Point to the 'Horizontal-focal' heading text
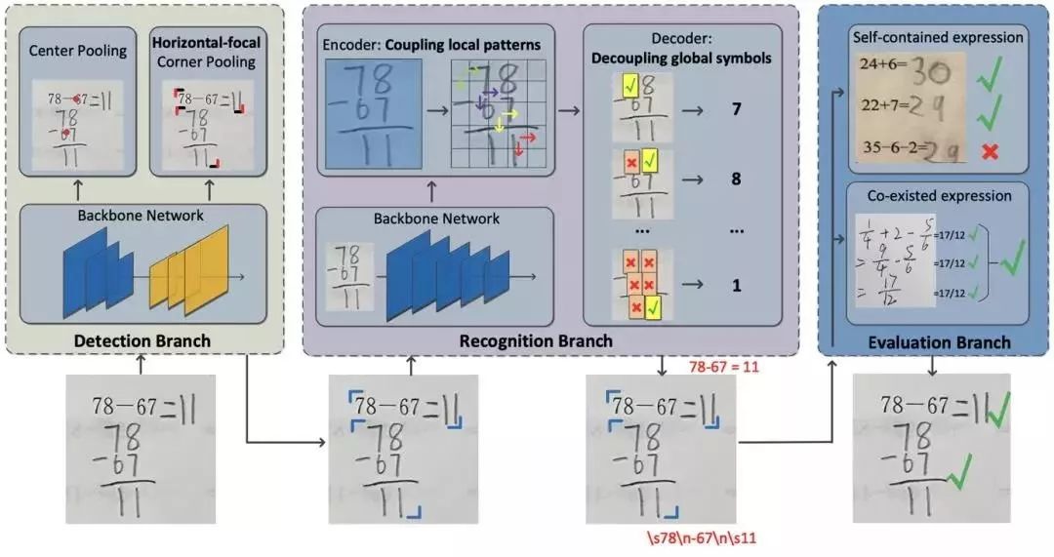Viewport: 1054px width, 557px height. (x=207, y=44)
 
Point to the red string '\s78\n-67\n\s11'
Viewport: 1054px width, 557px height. (x=700, y=537)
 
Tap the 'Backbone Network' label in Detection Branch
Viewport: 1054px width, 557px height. (x=143, y=215)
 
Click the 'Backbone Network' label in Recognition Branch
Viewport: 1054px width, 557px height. (x=436, y=218)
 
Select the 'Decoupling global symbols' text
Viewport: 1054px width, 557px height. (x=681, y=58)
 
